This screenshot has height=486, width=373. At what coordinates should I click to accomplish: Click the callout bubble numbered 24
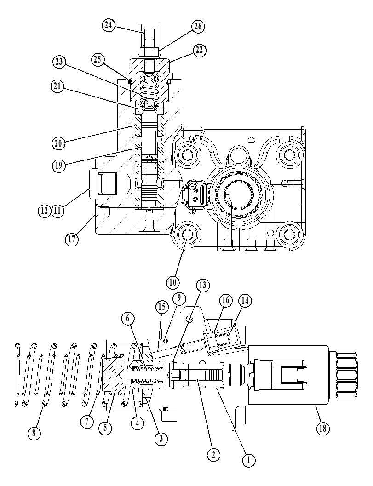pyautogui.click(x=108, y=25)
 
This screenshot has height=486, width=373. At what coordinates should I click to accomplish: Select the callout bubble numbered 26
pyautogui.click(x=198, y=26)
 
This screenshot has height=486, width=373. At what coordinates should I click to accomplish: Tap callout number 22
pyautogui.click(x=199, y=50)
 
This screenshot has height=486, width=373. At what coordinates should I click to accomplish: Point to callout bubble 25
pyautogui.click(x=98, y=59)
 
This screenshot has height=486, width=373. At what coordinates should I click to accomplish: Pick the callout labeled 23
pyautogui.click(x=58, y=62)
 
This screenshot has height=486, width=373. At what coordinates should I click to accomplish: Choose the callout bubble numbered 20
pyautogui.click(x=58, y=143)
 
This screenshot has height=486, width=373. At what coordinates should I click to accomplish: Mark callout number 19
pyautogui.click(x=58, y=165)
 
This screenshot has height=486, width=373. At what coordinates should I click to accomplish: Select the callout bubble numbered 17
pyautogui.click(x=72, y=239)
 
